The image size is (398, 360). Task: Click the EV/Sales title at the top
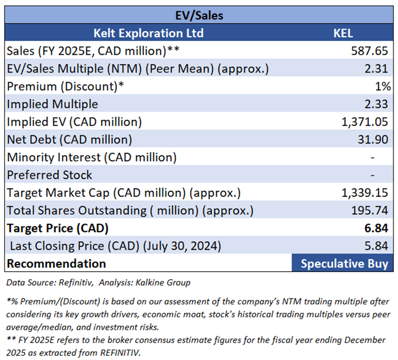(x=199, y=15)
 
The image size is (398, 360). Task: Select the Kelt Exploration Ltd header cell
(x=148, y=33)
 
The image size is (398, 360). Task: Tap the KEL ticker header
(x=343, y=33)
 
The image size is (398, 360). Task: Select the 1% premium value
(x=383, y=86)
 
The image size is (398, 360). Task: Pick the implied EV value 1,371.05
(x=365, y=122)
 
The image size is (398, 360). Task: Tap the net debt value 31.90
(x=374, y=140)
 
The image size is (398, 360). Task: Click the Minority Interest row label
(x=92, y=157)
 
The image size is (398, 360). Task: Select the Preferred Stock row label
(x=49, y=175)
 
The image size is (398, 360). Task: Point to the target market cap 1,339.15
(x=365, y=193)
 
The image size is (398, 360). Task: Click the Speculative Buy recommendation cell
(x=344, y=264)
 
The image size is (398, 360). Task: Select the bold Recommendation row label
(x=56, y=264)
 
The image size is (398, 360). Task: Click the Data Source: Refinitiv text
(x=51, y=282)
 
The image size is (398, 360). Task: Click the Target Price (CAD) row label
(x=57, y=228)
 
